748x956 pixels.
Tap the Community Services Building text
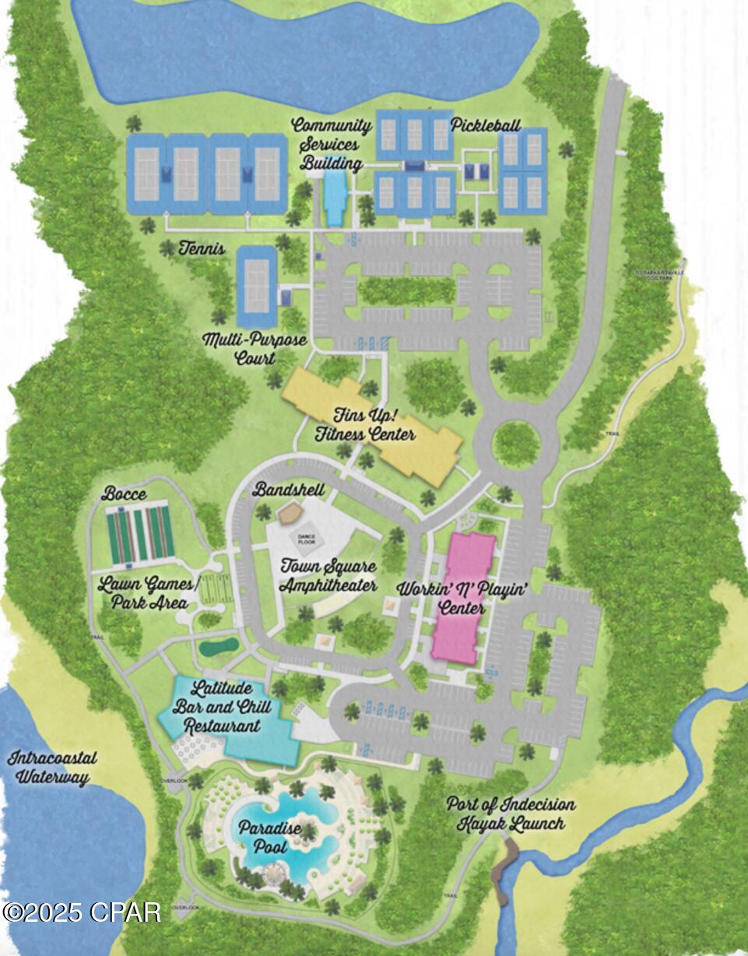[332, 144]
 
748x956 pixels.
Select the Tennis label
[202, 249]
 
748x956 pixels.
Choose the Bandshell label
[288, 490]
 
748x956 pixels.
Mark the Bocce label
[124, 494]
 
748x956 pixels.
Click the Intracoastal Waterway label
[48, 767]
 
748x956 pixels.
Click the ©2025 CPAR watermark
[82, 912]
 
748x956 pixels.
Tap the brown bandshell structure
[290, 511]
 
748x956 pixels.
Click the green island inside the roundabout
[515, 443]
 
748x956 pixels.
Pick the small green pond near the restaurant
[217, 646]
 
